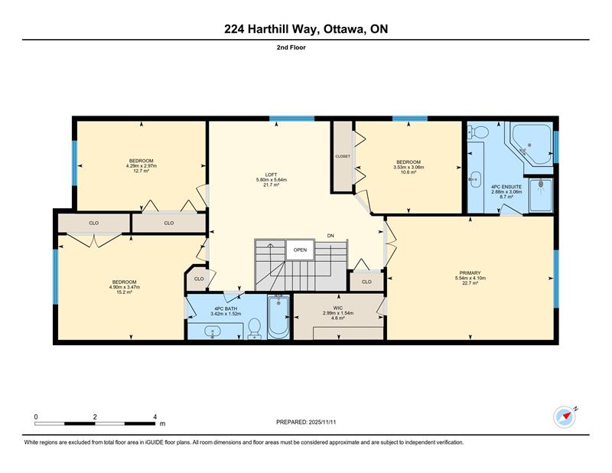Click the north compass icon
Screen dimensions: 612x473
point(565,418)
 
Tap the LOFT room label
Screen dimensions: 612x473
point(272,175)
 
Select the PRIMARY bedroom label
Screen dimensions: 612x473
point(470,273)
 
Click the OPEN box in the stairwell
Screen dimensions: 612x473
point(300,250)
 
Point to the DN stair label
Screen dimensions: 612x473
point(330,236)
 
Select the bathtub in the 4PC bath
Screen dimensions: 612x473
point(278,317)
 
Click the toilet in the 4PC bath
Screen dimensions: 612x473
point(255,328)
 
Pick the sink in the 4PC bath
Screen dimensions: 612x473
point(213,332)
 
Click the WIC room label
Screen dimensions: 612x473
point(338,308)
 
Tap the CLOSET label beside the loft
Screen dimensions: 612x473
point(343,156)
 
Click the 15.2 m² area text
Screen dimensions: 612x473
point(125,292)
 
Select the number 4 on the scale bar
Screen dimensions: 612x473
point(155,417)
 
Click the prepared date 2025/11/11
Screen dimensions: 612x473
point(322,422)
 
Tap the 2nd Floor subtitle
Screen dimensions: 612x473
point(291,47)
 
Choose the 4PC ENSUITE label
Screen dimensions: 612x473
point(506,187)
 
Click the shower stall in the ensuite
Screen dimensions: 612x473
point(541,194)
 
